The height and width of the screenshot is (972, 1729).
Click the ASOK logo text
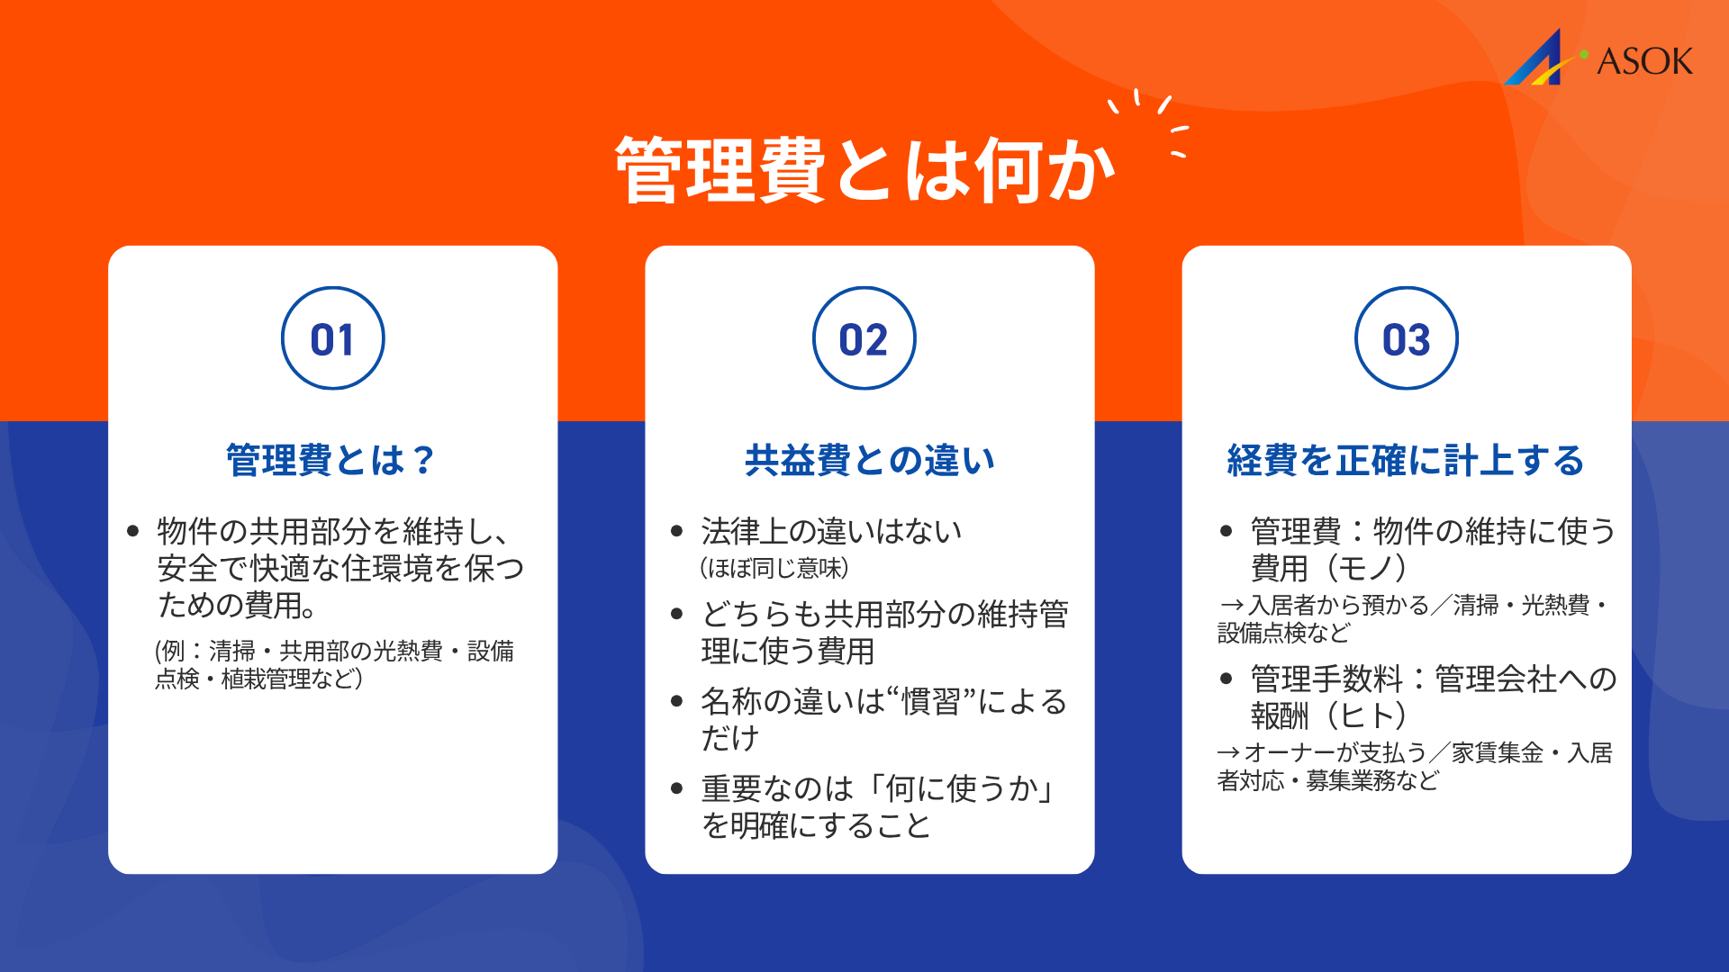(1644, 61)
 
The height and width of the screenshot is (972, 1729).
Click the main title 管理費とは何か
(864, 170)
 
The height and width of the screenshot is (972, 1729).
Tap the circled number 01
(332, 339)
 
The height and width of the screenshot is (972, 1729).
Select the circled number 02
(864, 339)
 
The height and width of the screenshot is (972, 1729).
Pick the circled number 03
(1406, 339)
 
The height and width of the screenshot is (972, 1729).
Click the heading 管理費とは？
(330, 460)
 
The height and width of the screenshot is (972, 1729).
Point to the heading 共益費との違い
(869, 460)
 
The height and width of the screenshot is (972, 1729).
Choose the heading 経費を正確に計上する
(1405, 460)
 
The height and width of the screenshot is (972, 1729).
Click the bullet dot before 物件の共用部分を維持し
(133, 531)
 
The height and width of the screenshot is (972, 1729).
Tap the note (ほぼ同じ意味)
(774, 569)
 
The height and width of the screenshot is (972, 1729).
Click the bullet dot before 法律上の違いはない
(677, 531)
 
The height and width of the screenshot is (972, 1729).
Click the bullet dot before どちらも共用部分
(677, 615)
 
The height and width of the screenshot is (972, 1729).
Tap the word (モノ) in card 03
(1366, 568)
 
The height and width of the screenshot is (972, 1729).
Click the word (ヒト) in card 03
(1366, 715)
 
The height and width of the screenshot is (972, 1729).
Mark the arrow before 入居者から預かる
(1231, 606)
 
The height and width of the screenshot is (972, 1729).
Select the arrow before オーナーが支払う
(1228, 752)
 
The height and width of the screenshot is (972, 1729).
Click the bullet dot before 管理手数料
(1226, 679)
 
